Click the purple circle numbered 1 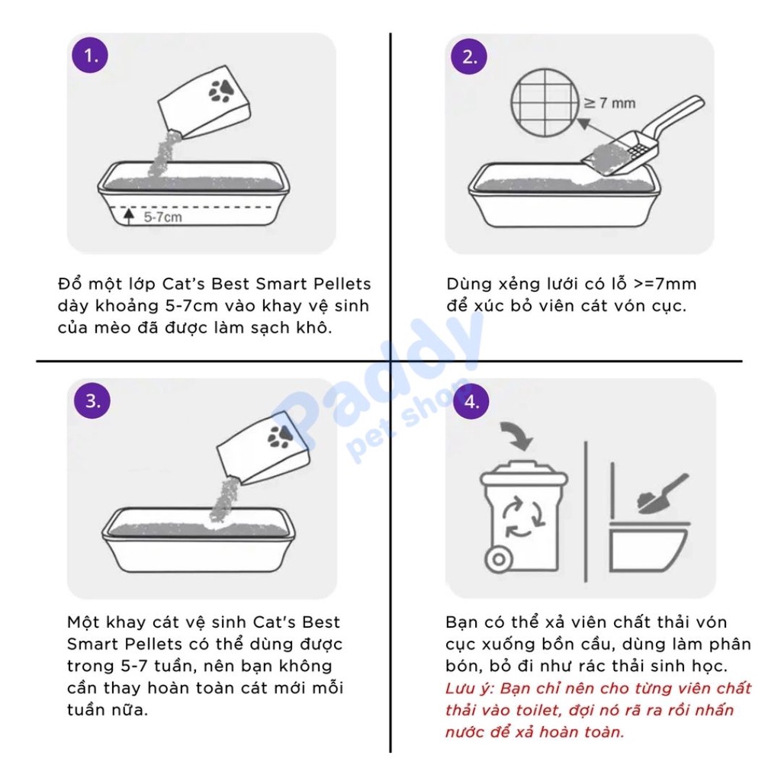(x=90, y=55)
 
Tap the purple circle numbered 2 (x=469, y=56)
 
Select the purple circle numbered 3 (x=92, y=400)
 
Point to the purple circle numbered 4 (x=471, y=401)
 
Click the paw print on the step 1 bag (x=220, y=90)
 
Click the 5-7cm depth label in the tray (x=163, y=217)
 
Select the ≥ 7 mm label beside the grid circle (x=609, y=103)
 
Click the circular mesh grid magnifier (x=545, y=103)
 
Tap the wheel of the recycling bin (x=499, y=559)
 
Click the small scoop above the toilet (x=663, y=494)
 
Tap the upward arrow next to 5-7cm (x=129, y=216)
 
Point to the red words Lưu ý (x=469, y=689)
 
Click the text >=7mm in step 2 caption (x=665, y=284)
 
